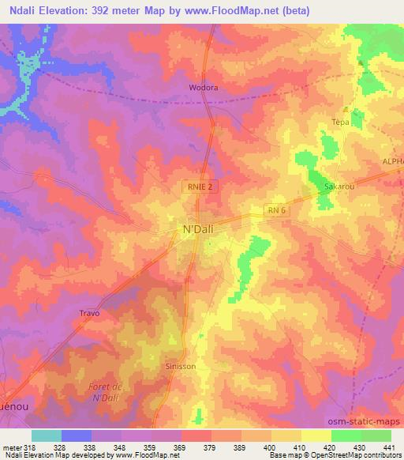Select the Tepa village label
340,123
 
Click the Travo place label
90,313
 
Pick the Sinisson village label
181,368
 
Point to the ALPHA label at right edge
392,160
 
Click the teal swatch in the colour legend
47,435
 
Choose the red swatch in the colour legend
196,435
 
